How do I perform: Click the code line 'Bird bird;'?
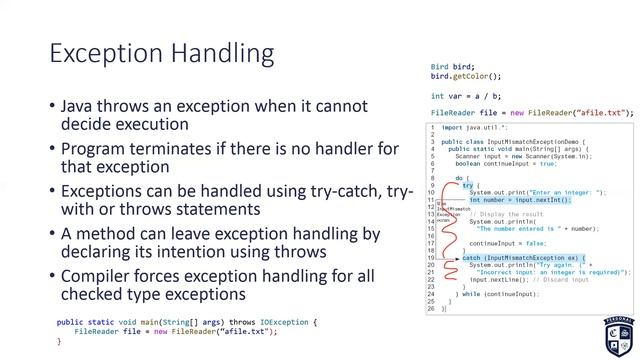pyautogui.click(x=452, y=67)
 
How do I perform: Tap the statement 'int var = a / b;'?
pyautogui.click(x=467, y=95)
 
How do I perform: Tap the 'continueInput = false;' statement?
pyautogui.click(x=505, y=243)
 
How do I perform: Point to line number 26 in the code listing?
pyautogui.click(x=431, y=301)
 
